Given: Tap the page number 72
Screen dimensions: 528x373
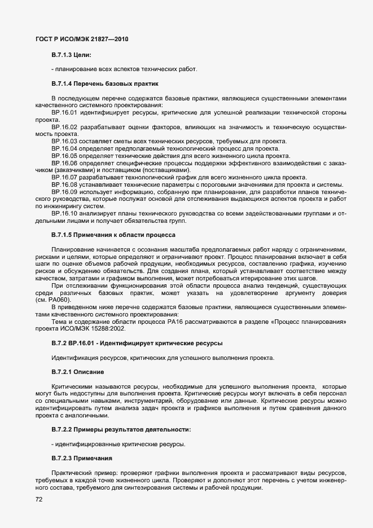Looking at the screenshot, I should tap(39, 499).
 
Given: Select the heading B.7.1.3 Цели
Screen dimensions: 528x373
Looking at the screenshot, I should tap(71, 55).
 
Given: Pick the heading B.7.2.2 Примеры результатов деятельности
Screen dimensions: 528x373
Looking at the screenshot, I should tap(121, 430).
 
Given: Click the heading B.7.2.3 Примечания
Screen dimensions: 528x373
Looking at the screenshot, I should tap(82, 458).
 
